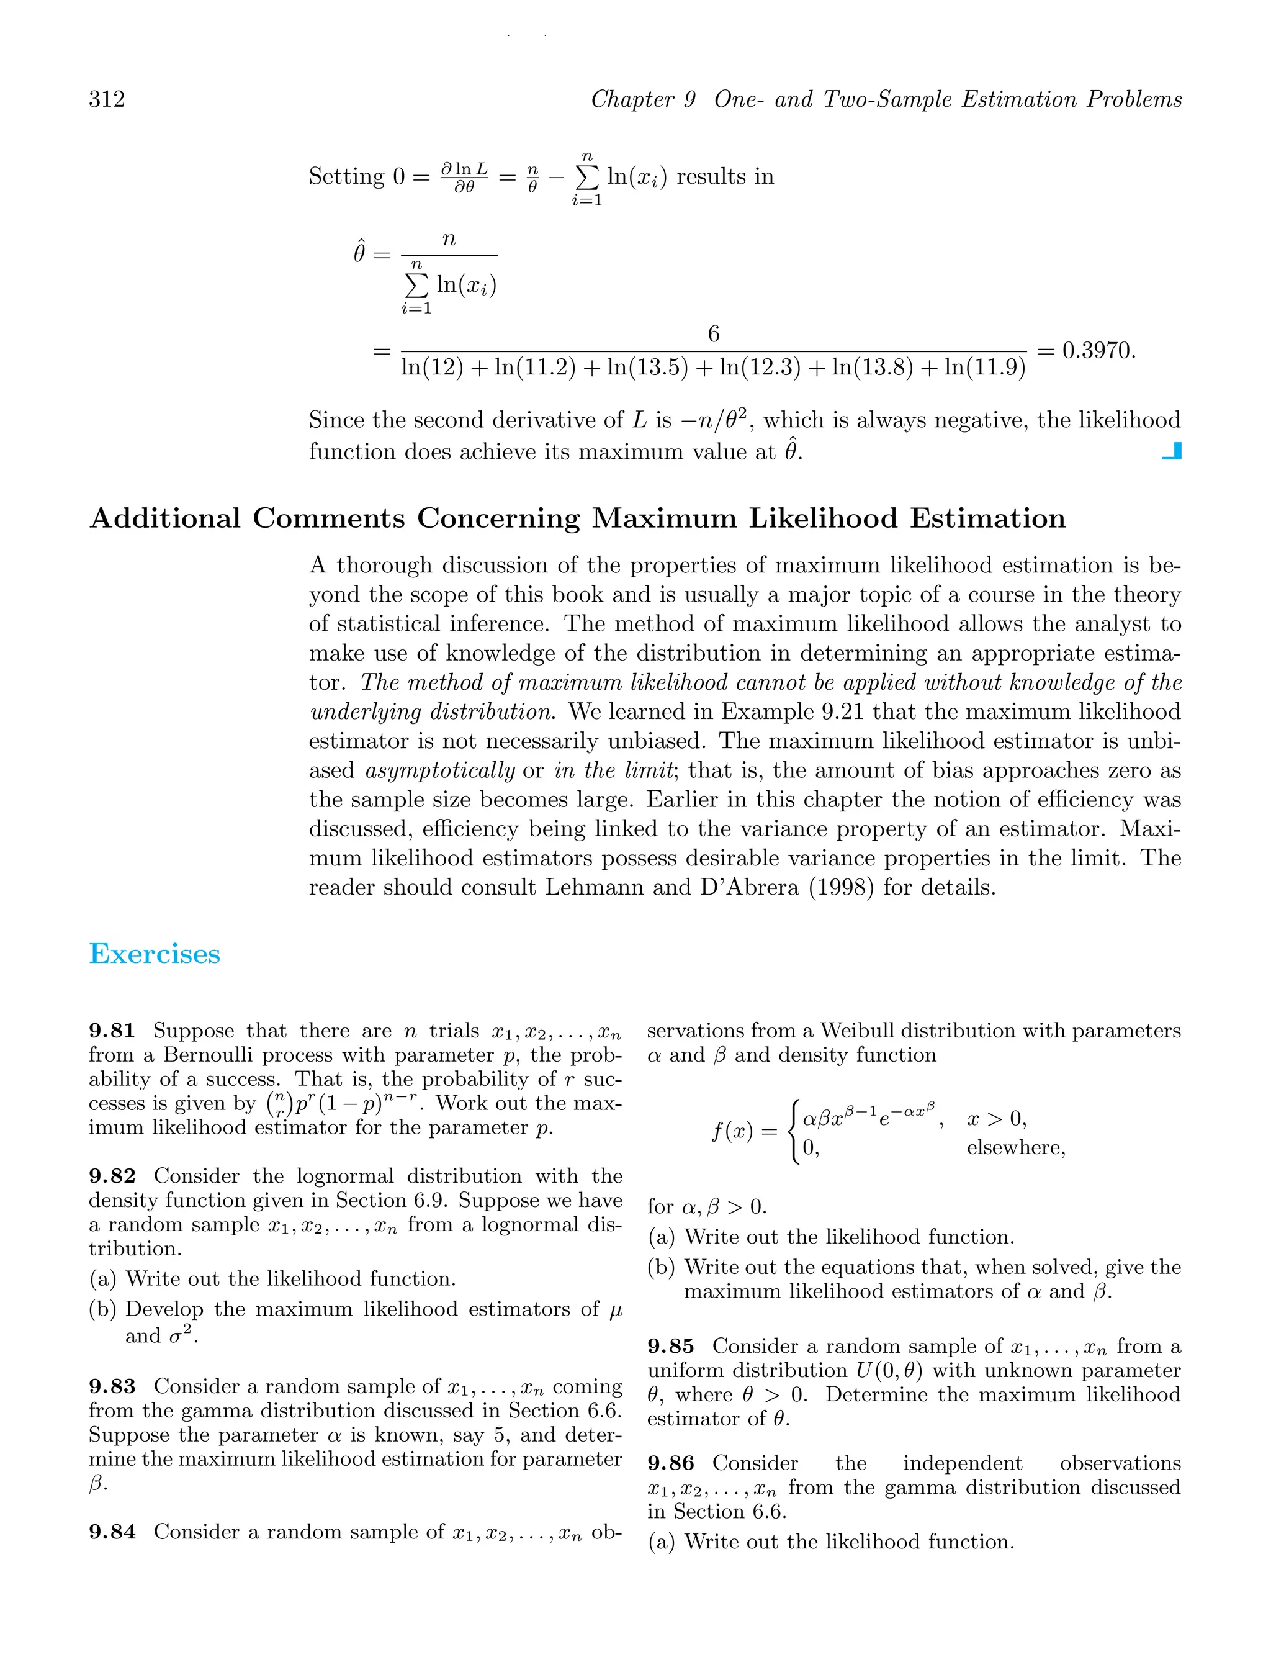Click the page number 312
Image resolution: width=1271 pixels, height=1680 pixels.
107,99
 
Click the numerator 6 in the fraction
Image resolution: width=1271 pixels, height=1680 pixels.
713,334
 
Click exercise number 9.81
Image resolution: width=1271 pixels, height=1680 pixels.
112,1031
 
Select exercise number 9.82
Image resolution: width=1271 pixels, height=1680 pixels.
112,1176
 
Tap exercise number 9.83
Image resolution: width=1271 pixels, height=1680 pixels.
112,1386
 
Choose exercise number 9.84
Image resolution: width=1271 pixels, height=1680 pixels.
112,1532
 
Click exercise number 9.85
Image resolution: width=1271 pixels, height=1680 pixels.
670,1347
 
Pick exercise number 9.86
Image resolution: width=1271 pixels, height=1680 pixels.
670,1463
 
